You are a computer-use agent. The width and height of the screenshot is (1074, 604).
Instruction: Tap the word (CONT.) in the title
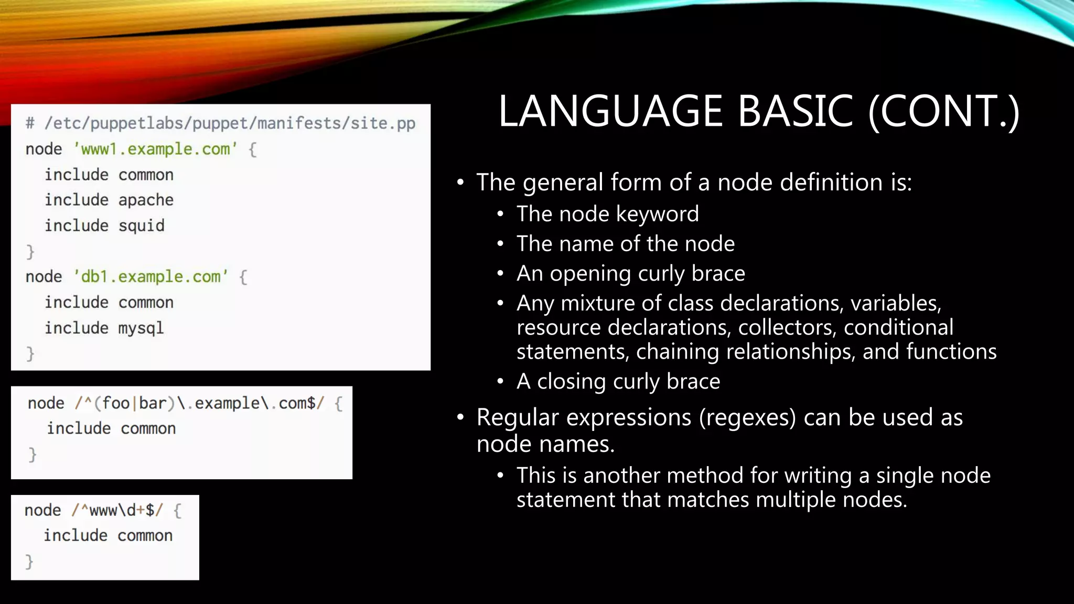[943, 111]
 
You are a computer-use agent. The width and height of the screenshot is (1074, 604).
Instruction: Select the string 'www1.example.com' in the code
[155, 149]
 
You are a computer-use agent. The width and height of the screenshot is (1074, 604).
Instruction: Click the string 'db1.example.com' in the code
[151, 277]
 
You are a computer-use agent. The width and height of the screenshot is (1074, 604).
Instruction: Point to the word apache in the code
[146, 200]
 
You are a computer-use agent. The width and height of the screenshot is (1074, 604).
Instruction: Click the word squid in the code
[141, 226]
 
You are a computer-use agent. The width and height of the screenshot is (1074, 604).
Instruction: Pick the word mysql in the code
[141, 328]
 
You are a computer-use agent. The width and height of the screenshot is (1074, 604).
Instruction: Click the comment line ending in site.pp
[220, 124]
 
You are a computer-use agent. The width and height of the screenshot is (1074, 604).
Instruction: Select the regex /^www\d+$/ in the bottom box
[117, 510]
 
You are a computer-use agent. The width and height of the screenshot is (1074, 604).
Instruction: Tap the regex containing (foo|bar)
[199, 403]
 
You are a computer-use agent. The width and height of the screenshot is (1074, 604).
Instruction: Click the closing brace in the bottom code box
[29, 562]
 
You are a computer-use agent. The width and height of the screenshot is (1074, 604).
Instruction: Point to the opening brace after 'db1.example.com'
[243, 277]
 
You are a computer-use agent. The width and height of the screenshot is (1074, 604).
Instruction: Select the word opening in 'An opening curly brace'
[590, 274]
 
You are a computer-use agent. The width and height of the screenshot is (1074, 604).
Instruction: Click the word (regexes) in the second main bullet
[747, 418]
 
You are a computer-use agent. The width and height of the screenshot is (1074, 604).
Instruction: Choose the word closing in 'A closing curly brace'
[571, 382]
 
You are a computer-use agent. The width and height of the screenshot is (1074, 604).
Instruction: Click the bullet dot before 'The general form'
[460, 182]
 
